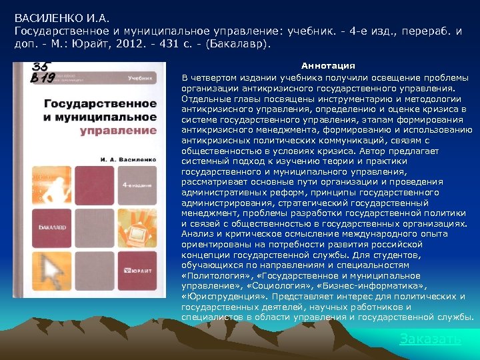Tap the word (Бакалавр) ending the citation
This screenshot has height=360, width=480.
click(x=239, y=44)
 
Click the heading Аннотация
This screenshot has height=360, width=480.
click(x=328, y=66)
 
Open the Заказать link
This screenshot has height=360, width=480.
click(x=429, y=339)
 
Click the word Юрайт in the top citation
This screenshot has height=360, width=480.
click(x=99, y=44)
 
